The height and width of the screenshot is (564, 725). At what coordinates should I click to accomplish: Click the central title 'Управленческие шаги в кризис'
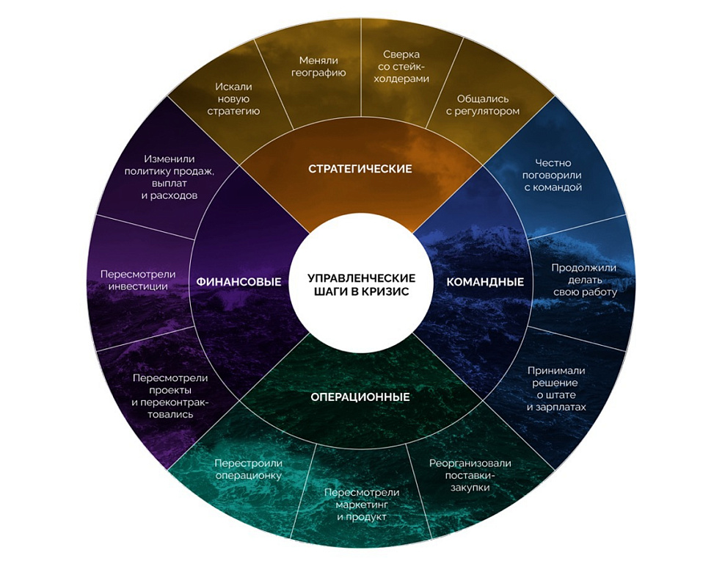(x=361, y=283)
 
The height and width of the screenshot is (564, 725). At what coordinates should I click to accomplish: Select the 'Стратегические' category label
(x=360, y=169)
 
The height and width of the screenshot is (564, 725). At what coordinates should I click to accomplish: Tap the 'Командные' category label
(x=485, y=282)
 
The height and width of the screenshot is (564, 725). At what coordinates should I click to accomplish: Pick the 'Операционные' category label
(x=360, y=397)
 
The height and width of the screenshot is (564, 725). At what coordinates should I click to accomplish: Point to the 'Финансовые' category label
(x=238, y=282)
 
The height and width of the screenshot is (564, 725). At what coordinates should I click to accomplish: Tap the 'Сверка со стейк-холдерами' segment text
(x=406, y=66)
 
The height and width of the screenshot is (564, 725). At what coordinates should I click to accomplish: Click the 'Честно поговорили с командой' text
(x=553, y=175)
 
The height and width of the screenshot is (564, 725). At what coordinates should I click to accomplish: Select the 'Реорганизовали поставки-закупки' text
(x=470, y=474)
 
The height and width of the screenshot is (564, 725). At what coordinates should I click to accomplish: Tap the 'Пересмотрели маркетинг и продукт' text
(x=362, y=504)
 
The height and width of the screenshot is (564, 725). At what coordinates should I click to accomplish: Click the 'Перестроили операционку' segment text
(x=249, y=469)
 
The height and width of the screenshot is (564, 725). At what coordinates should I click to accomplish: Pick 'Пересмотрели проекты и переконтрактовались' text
(x=170, y=396)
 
